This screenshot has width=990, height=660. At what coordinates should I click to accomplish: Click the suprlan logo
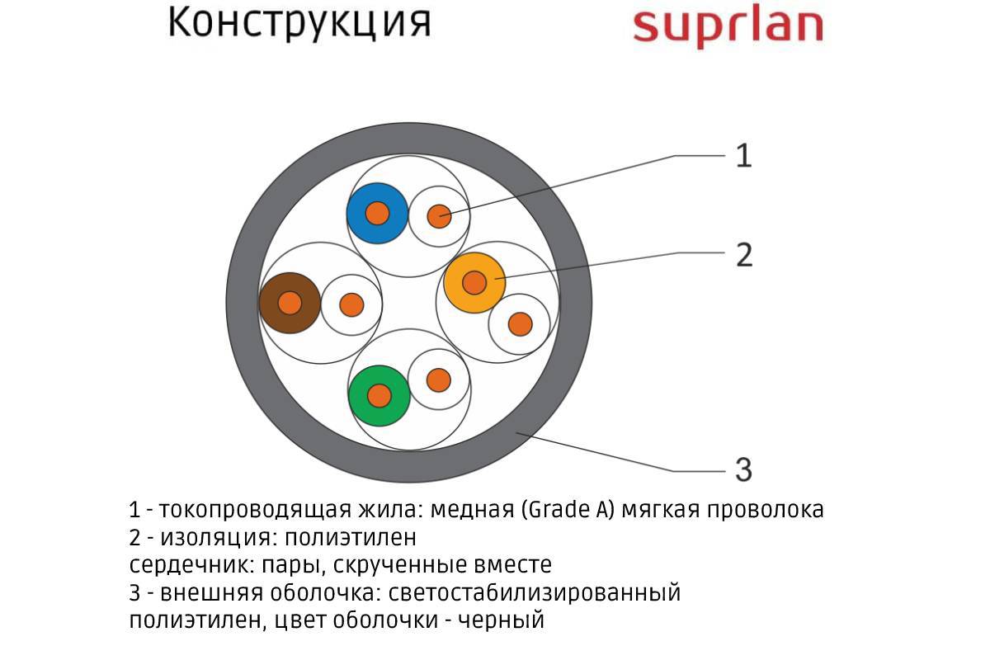pos(728,26)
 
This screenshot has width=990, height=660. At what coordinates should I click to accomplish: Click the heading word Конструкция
pos(299,25)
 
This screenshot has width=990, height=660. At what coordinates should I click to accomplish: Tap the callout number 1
pos(743,156)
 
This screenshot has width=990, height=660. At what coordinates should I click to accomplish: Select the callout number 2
pos(743,256)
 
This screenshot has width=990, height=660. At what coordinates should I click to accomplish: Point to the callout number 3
pos(743,470)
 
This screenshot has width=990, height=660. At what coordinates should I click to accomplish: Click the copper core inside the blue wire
pos(377,213)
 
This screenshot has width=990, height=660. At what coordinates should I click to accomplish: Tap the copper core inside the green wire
pos(379,395)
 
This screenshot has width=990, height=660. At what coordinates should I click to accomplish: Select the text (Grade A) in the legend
pos(568,510)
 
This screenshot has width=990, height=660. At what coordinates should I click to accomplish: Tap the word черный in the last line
pos(502,620)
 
